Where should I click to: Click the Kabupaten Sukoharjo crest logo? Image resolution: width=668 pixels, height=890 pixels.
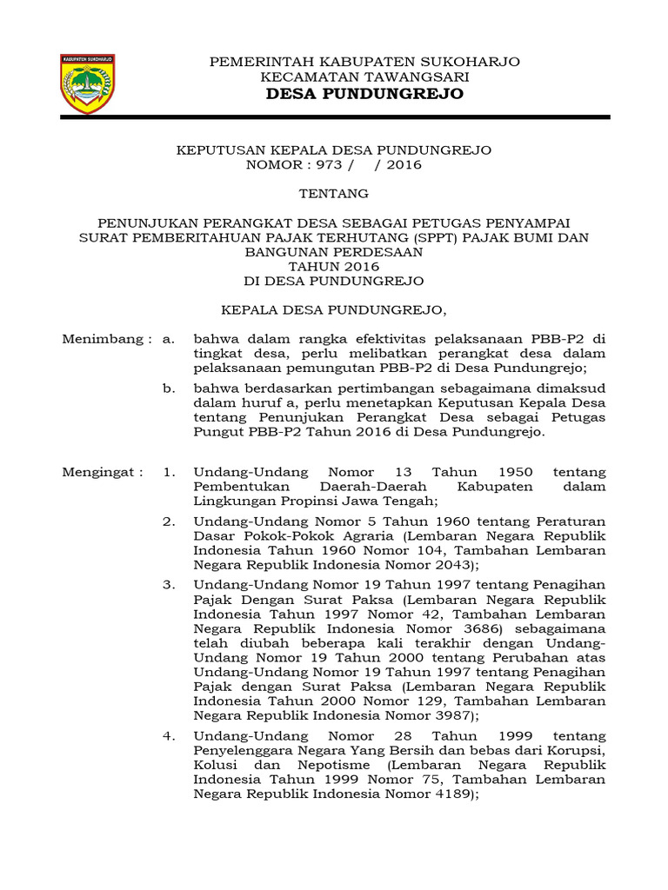point(87,83)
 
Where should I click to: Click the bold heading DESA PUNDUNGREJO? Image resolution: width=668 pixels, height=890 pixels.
point(365,94)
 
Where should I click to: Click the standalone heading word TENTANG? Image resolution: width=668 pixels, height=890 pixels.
point(334,193)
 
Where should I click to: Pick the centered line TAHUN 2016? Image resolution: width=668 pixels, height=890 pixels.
point(334,267)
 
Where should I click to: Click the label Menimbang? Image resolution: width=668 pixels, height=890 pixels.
point(102,339)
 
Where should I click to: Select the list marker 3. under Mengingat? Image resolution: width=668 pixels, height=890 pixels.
point(170,585)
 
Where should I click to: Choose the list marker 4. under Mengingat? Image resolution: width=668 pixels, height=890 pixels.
point(170,737)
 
